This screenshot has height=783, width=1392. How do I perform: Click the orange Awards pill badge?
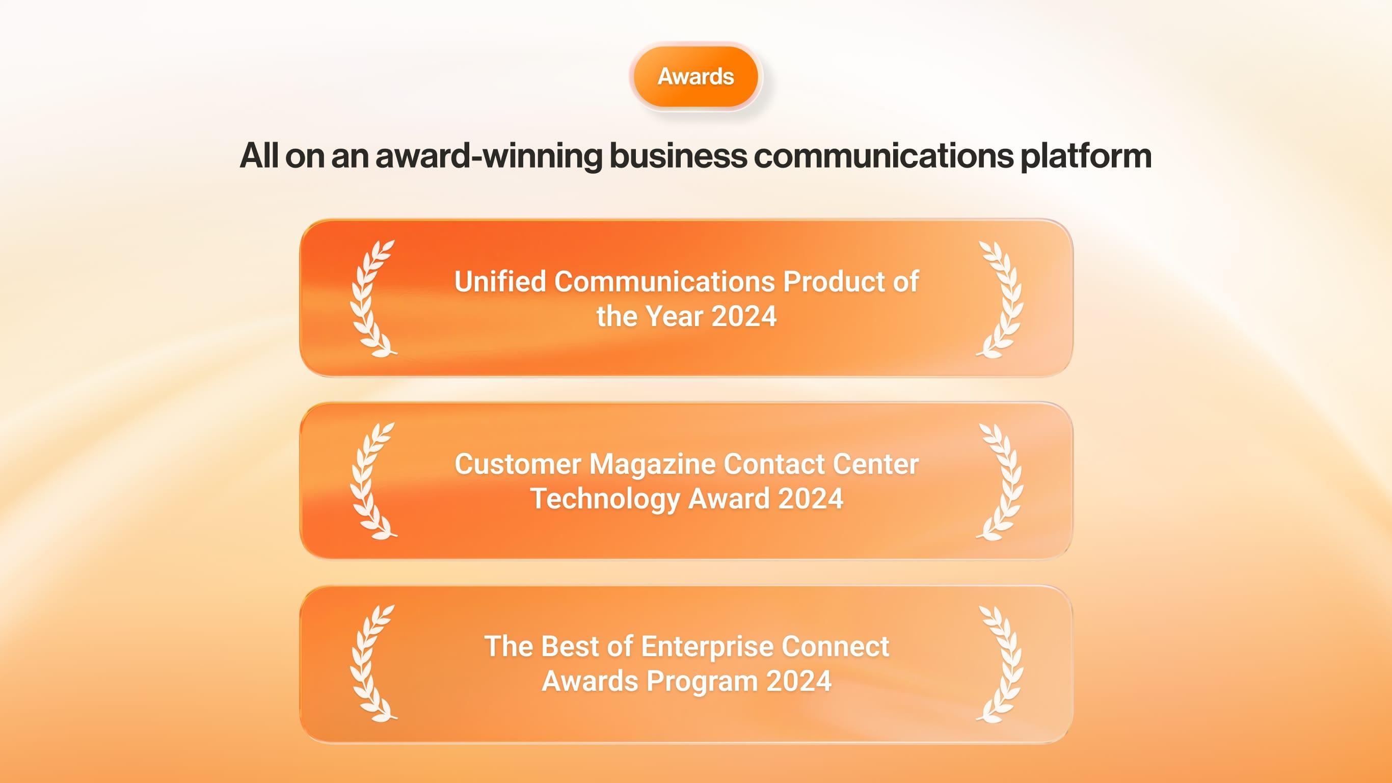pyautogui.click(x=695, y=76)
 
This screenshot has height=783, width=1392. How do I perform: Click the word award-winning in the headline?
pyautogui.click(x=489, y=155)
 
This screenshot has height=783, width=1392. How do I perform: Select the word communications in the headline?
pyautogui.click(x=884, y=155)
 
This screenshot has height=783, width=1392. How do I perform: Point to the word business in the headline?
pyautogui.click(x=678, y=155)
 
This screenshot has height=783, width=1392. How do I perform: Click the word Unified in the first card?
pyautogui.click(x=500, y=282)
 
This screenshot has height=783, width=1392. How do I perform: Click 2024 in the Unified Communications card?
pyautogui.click(x=744, y=316)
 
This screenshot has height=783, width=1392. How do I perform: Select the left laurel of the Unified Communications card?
pyautogui.click(x=373, y=299)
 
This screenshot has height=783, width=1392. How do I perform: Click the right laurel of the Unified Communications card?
pyautogui.click(x=1000, y=299)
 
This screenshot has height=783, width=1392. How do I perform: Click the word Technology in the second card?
pyautogui.click(x=605, y=499)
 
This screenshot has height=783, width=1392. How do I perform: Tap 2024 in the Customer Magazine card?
pyautogui.click(x=811, y=498)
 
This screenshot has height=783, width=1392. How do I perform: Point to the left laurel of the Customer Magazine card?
pyautogui.click(x=373, y=481)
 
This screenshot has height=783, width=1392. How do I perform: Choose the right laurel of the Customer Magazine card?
pyautogui.click(x=1000, y=481)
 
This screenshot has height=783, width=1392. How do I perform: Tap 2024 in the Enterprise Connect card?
pyautogui.click(x=799, y=681)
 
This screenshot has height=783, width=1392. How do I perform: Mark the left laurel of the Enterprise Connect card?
pyautogui.click(x=373, y=663)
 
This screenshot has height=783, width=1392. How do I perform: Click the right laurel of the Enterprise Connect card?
pyautogui.click(x=1000, y=663)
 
